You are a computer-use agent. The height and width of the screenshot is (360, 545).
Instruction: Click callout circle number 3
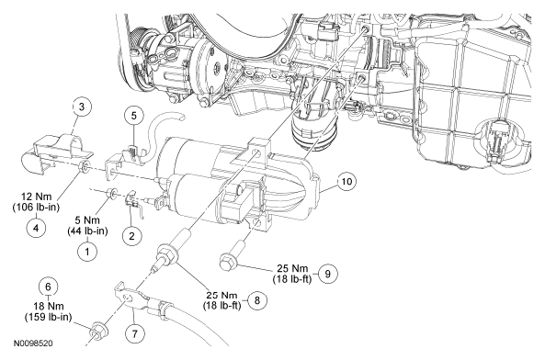point(82,107)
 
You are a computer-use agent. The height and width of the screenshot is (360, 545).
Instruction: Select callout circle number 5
point(134,116)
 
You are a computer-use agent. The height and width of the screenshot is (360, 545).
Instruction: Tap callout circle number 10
point(346,182)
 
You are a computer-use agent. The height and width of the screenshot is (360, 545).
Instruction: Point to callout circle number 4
point(36,228)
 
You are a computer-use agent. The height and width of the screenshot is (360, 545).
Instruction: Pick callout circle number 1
point(87,251)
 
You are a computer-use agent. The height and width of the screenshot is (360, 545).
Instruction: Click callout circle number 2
point(131,236)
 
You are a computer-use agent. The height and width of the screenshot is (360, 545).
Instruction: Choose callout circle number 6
point(48,287)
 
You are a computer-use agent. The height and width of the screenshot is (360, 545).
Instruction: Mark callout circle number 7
point(134,333)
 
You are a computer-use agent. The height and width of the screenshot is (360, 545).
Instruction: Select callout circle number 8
point(256,300)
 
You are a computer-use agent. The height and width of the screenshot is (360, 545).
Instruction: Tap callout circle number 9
point(327,274)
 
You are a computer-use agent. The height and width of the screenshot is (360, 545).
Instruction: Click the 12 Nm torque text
point(36,197)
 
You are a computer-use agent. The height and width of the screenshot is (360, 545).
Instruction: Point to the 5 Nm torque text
point(87,220)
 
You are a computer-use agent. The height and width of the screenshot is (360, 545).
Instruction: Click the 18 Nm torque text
point(49,306)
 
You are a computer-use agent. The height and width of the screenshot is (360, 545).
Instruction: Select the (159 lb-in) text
point(49,317)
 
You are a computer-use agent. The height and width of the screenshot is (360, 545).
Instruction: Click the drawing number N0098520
point(33,343)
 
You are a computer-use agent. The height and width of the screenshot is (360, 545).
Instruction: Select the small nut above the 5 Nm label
point(111,193)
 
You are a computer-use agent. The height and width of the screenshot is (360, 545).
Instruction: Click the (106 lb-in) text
point(36,208)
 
